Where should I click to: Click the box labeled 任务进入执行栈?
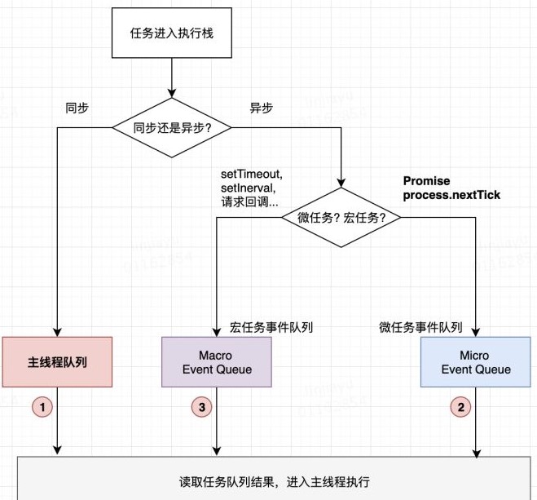coord(171,34)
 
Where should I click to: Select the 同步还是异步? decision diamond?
coord(171,128)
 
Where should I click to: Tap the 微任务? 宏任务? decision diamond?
coord(342,219)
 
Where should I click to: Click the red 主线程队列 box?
coord(57,361)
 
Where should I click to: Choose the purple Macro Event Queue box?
coord(215,362)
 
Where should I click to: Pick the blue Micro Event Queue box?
coord(476,362)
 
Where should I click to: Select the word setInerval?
coord(248,188)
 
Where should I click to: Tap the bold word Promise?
coord(426,181)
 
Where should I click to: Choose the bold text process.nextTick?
coord(451,196)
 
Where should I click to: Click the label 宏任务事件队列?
coord(272,327)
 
